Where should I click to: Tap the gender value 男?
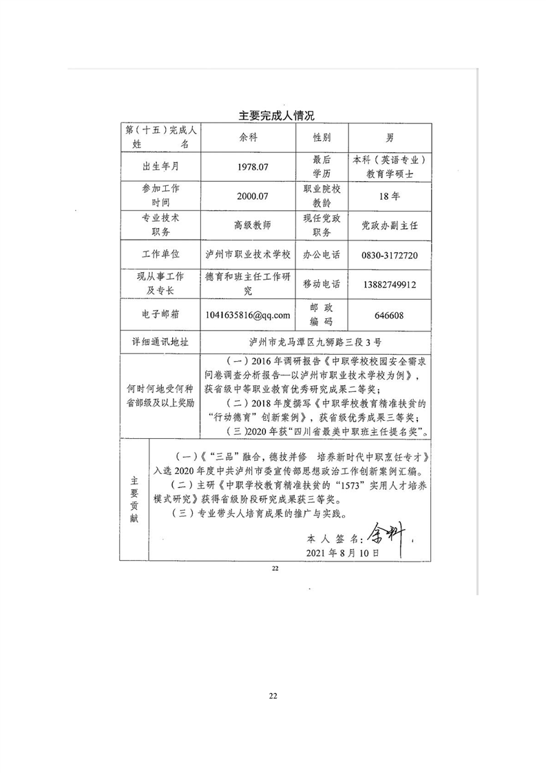(x=390, y=137)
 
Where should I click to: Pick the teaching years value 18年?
(x=390, y=196)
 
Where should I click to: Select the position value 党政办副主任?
(x=390, y=225)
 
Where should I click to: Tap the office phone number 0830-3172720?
(x=390, y=254)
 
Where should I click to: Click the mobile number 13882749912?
(x=390, y=284)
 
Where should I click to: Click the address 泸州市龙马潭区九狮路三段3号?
(x=315, y=341)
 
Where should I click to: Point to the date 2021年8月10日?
(x=342, y=553)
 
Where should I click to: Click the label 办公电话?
(x=322, y=254)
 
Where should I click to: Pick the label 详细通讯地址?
(x=160, y=341)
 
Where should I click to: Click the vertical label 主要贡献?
(x=134, y=497)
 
